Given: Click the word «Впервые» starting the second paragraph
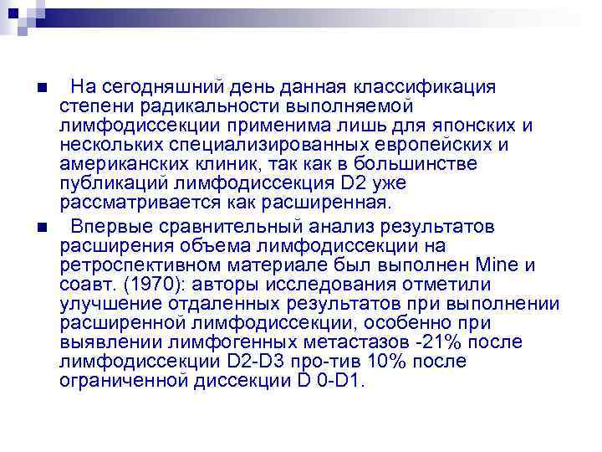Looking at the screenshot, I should click(105, 227).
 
